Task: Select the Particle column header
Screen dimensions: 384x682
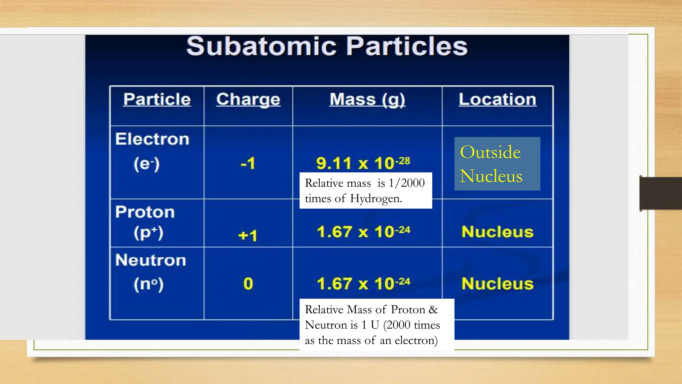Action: pos(157,99)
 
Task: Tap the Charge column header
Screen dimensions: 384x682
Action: pos(248,99)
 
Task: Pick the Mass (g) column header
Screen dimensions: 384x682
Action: pos(367,99)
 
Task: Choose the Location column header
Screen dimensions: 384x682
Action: pos(498,99)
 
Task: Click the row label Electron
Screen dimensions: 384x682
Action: pos(152,139)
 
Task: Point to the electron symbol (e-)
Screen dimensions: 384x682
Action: pos(147,164)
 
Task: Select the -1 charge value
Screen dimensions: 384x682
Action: pos(248,163)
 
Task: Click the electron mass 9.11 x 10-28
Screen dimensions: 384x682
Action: pos(363,163)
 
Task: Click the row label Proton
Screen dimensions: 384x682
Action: pos(145,212)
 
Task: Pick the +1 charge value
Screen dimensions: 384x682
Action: pos(248,236)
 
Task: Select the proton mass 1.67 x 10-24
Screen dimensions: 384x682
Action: pos(363,232)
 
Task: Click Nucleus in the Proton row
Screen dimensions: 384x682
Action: pos(498,232)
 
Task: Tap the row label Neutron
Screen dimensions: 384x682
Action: pos(151,260)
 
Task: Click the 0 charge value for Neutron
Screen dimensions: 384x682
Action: pos(248,284)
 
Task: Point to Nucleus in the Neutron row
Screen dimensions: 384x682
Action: pos(498,284)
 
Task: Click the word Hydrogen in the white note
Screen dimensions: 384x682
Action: pos(376,199)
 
